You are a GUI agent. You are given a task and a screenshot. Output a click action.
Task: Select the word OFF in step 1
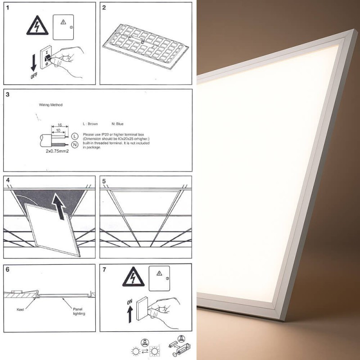coord(34,76)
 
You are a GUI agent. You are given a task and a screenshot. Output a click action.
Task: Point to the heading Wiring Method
coord(51,104)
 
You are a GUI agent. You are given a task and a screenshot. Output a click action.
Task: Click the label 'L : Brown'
coord(90,124)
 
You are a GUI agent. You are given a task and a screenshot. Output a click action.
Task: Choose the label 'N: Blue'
coord(117,124)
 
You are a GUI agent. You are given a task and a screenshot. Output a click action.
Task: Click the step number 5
coord(104,182)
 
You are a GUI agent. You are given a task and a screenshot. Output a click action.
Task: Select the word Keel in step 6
coord(20,310)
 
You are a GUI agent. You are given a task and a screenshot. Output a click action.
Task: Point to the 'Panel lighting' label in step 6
coord(79,311)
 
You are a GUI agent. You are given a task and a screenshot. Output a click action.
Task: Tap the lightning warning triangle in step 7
coord(133,278)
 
